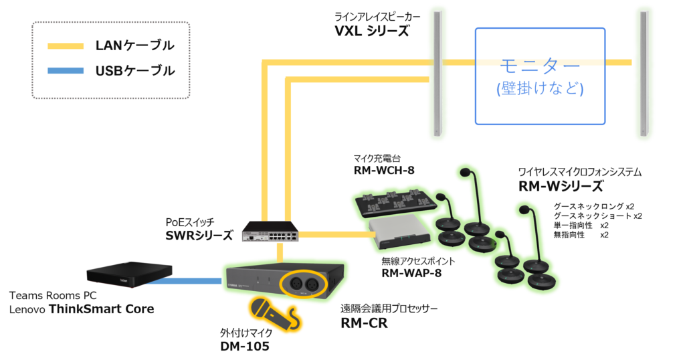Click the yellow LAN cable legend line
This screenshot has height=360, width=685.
coord(64,46)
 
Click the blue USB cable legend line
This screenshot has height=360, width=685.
coord(64,70)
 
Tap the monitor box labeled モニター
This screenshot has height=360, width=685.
coord(540,76)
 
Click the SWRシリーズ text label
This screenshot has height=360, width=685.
coord(199,236)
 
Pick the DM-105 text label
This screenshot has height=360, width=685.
coord(244,347)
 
